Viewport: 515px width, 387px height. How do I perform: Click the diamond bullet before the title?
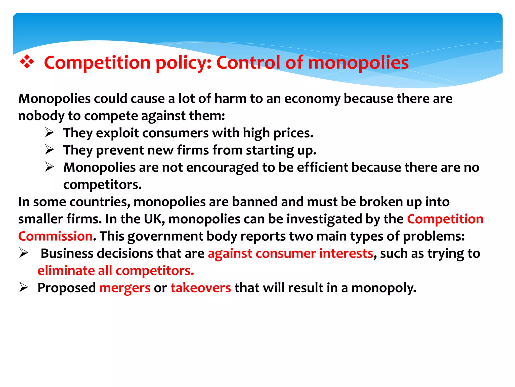(27, 62)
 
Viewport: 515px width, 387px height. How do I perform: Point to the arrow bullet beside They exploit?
(50, 133)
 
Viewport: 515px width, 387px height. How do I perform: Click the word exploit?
(117, 133)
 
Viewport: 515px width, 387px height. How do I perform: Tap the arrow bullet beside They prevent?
(50, 150)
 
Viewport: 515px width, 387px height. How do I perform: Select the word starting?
(270, 151)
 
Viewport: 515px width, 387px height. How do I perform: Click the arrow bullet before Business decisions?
(24, 253)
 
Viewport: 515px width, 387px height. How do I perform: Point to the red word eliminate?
(66, 271)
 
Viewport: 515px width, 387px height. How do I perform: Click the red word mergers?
(125, 288)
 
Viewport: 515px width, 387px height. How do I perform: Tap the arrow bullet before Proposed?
(24, 287)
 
